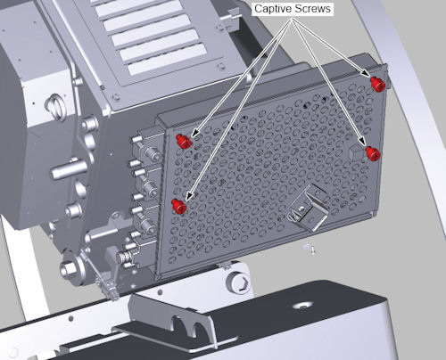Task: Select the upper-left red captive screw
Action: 183,141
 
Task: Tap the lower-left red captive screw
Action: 179,206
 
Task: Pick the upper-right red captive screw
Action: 378,84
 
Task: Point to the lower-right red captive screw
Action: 373,153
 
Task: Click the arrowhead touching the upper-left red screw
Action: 195,133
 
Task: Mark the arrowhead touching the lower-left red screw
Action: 190,194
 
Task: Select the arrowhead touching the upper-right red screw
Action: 366,73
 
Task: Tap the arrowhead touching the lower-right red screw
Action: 361,141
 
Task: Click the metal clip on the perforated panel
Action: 308,208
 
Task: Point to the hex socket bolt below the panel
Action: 238,282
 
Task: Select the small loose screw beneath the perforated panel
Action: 310,249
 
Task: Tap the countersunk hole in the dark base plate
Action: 302,306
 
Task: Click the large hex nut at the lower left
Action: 69,269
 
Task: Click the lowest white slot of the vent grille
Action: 168,63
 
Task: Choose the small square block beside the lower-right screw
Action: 356,153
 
